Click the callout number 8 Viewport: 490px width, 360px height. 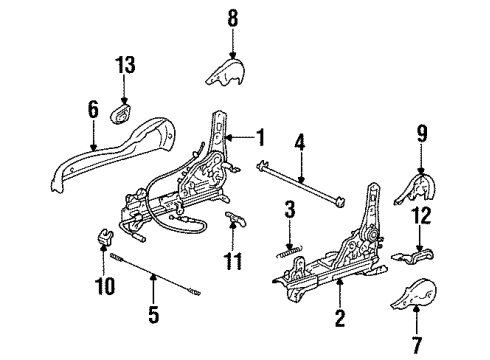click(x=233, y=18)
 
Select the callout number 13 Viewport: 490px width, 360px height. click(x=125, y=65)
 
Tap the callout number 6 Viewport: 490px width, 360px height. click(x=93, y=110)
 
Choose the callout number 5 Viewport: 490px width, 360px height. click(x=153, y=314)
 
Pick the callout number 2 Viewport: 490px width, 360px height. click(x=340, y=317)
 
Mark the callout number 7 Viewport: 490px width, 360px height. click(x=417, y=345)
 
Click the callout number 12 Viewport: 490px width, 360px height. click(x=422, y=215)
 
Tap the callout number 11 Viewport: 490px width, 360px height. click(x=233, y=261)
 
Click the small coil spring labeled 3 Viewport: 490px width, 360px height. click(x=289, y=252)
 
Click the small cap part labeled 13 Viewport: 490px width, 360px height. click(x=121, y=114)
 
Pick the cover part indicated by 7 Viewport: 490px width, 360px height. click(x=414, y=293)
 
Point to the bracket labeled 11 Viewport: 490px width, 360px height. click(x=235, y=218)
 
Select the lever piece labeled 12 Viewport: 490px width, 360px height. click(x=413, y=255)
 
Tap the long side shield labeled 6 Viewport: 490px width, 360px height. click(x=113, y=153)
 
